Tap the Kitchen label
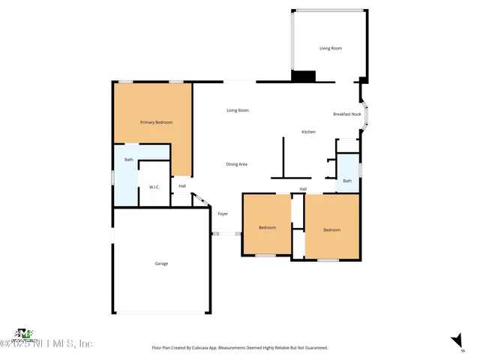pyautogui.click(x=308, y=132)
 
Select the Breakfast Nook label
pyautogui.click(x=346, y=114)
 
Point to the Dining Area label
pyautogui.click(x=237, y=164)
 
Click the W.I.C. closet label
pyautogui.click(x=154, y=187)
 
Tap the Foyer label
pyautogui.click(x=223, y=214)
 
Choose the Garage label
pyautogui.click(x=161, y=263)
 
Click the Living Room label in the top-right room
pyautogui.click(x=331, y=48)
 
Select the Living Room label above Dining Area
pyautogui.click(x=238, y=110)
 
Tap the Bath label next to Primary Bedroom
pyautogui.click(x=128, y=159)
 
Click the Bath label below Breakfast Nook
pyautogui.click(x=347, y=181)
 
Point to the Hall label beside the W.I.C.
pyautogui.click(x=182, y=186)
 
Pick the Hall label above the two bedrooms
pyautogui.click(x=303, y=189)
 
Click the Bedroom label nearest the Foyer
pyautogui.click(x=268, y=227)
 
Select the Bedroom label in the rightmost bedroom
pyautogui.click(x=331, y=229)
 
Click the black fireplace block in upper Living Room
pyautogui.click(x=304, y=76)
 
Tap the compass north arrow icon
pyautogui.click(x=457, y=341)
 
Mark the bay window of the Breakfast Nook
pyautogui.click(x=365, y=115)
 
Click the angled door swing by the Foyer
pyautogui.click(x=199, y=199)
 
